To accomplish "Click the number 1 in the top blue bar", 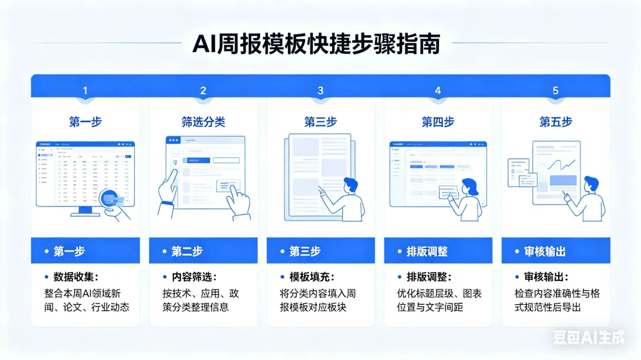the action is (85, 91).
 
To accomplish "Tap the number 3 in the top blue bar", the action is (320, 91).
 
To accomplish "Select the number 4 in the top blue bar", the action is (438, 91).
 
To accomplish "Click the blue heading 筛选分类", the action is (203, 122).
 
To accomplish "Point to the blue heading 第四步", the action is (438, 122).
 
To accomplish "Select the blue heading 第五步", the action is (556, 122).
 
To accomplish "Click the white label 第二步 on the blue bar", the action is (187, 251).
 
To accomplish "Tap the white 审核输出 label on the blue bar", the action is (544, 251).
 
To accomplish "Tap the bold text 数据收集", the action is (75, 277).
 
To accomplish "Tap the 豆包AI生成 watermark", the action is (589, 338).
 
